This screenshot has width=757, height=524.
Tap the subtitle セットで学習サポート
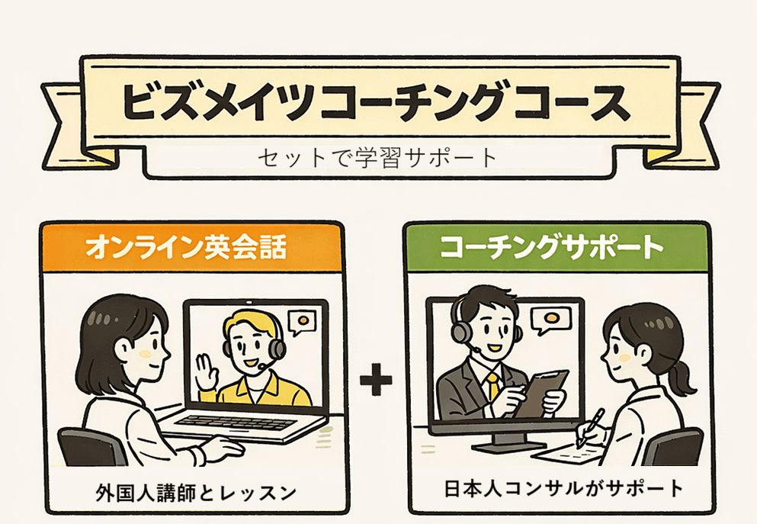(377, 157)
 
